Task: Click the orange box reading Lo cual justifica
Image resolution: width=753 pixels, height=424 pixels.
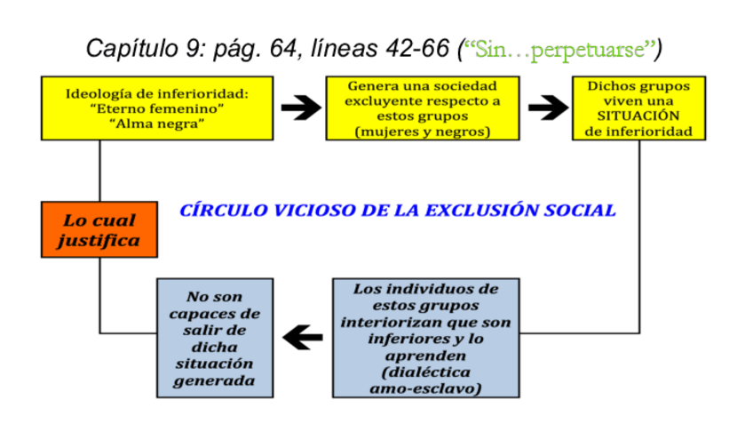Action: coord(99,228)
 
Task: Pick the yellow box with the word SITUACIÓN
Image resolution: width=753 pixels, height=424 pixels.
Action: coord(638,108)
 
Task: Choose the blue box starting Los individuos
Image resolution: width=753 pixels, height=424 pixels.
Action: coord(425,338)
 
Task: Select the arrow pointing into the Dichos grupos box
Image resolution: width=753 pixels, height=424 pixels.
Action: coord(547,109)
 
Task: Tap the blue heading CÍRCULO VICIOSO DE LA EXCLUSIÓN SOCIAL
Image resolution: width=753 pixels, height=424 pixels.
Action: coord(398,211)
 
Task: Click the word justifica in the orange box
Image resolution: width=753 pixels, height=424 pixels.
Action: coord(99,240)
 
